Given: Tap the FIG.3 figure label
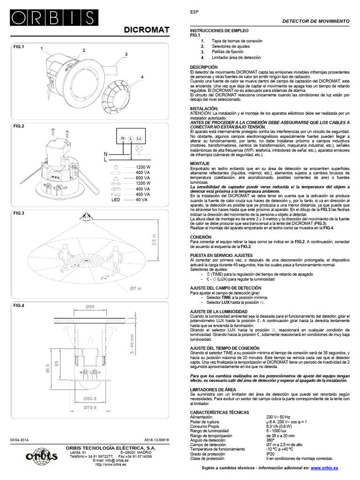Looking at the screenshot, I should click(19, 214).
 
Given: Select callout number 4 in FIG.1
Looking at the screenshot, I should click(142, 77).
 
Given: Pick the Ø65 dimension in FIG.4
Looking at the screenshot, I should click(90, 307).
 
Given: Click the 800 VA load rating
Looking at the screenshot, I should click(142, 178).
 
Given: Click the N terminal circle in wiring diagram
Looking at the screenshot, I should click(123, 139).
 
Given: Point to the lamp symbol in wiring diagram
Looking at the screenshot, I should click(139, 149).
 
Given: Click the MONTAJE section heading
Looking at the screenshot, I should click(199, 163).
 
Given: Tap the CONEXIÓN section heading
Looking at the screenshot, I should click(200, 238).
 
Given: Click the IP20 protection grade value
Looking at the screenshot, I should click(271, 454).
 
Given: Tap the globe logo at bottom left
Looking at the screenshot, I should click(40, 457).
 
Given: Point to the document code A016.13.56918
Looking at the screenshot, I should click(156, 441).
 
